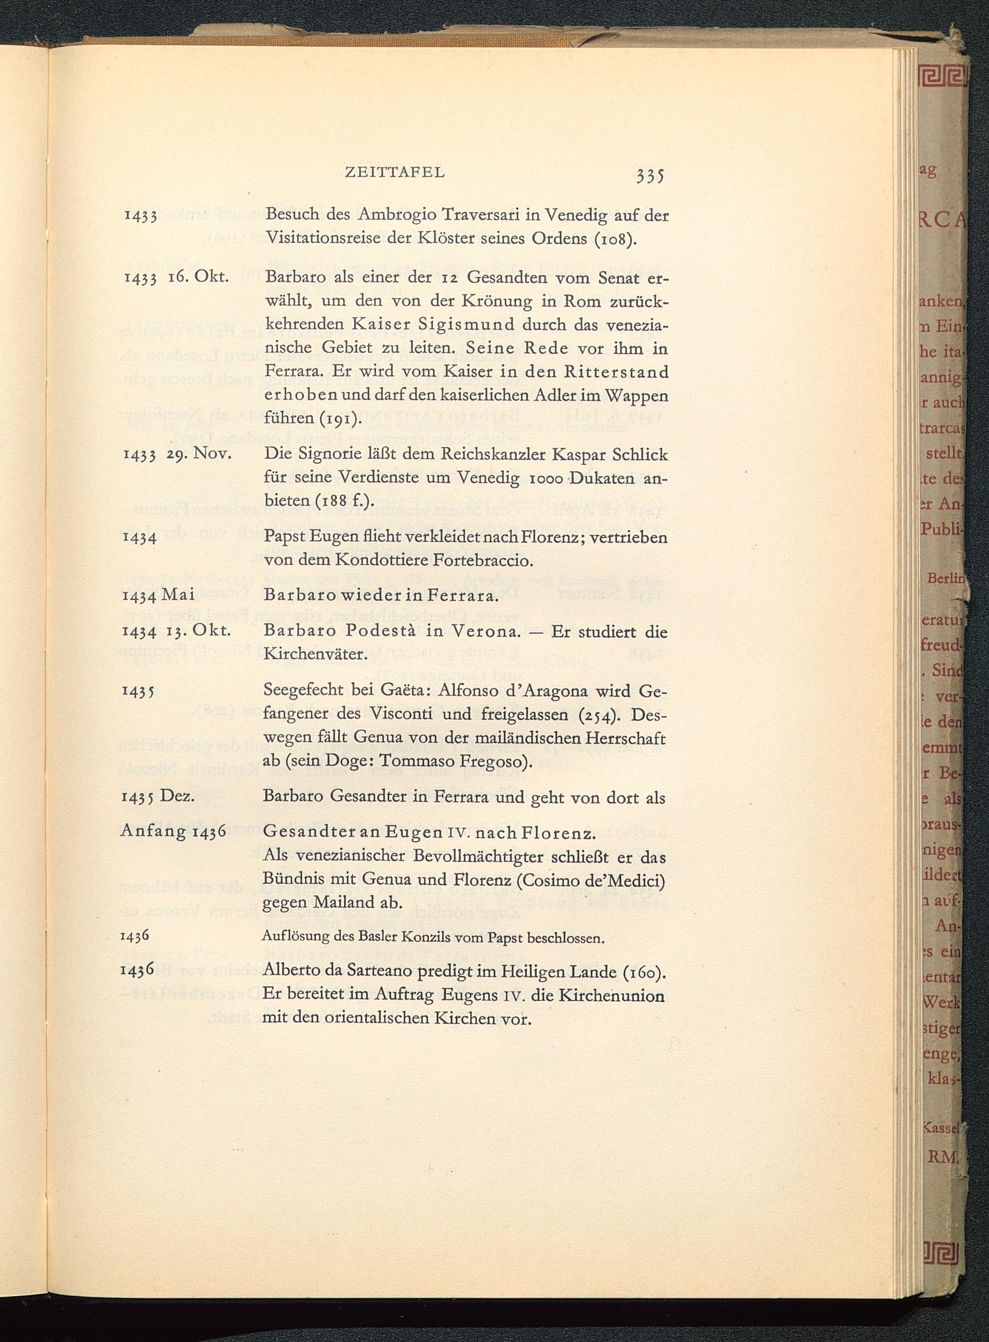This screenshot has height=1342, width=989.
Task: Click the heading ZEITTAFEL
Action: tap(395, 173)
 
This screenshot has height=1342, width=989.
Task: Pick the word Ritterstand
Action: tap(616, 372)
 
